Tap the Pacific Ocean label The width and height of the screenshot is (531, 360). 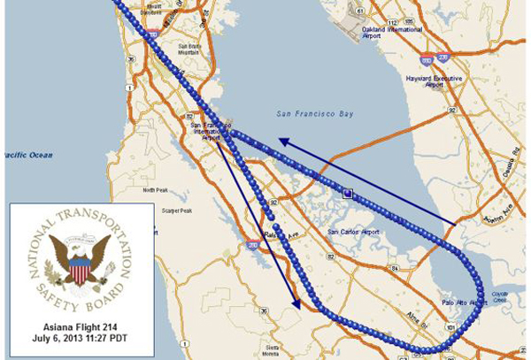(x=27, y=155)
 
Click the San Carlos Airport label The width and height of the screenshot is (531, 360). (x=353, y=232)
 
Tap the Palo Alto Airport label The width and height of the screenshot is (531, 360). (x=465, y=302)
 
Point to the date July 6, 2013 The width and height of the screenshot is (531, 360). (x=81, y=338)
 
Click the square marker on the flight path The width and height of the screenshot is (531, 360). (x=349, y=192)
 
